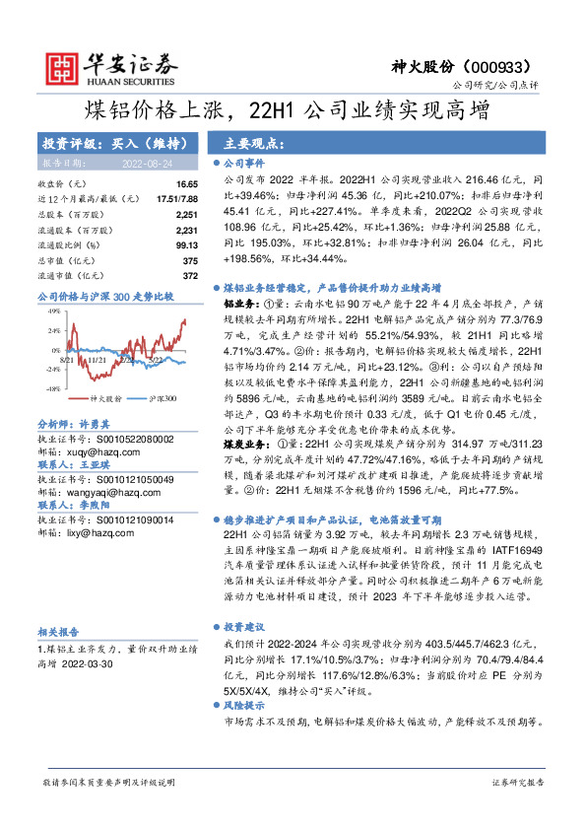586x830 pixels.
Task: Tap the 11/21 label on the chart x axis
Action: click(x=97, y=361)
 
